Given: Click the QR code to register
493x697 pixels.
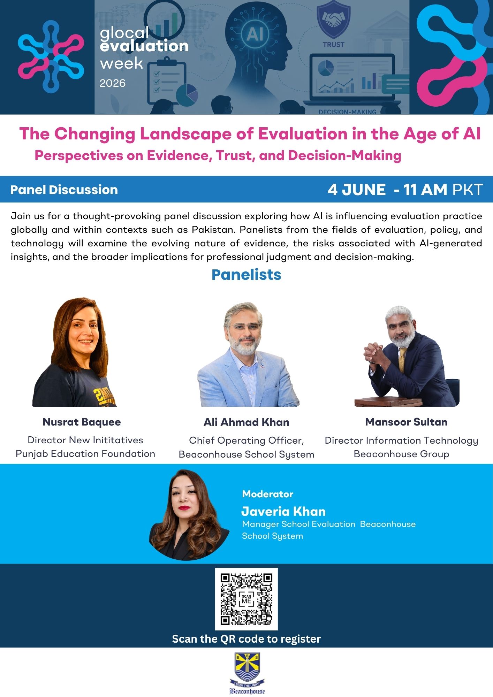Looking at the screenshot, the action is [246, 599].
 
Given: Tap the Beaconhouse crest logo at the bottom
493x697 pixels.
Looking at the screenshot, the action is [247, 673].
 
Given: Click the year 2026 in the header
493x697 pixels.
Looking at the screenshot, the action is [113, 83].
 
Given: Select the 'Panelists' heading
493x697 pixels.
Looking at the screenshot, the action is [246, 275].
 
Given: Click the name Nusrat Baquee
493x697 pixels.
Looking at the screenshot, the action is [82, 422].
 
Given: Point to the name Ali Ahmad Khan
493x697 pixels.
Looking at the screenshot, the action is [246, 422].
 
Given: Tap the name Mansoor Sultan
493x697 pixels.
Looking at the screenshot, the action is [406, 422].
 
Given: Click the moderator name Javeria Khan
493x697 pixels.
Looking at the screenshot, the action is [283, 511].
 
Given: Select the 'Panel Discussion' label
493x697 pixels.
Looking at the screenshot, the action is [64, 190].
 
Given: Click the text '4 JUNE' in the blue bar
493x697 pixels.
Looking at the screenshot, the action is [357, 190].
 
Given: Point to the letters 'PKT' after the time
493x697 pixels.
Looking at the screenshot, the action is [468, 190].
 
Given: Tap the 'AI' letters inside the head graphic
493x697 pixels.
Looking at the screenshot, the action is [255, 34].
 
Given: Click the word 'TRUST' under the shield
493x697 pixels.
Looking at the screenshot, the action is [333, 45].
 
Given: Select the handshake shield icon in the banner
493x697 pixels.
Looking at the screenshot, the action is [333, 20].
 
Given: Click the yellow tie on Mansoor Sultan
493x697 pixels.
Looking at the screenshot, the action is [402, 359].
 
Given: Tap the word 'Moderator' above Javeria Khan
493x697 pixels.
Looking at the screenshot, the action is [268, 494].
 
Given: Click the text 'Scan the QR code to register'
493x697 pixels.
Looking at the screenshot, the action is [246, 639].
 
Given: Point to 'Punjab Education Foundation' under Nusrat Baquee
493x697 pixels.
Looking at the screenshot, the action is [85, 453].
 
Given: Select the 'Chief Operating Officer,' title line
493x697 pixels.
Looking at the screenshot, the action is [246, 441].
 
